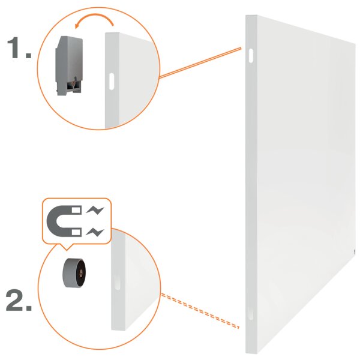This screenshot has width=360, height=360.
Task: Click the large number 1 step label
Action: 19,48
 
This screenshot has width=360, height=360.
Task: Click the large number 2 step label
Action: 19,300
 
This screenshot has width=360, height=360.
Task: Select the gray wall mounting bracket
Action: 69,65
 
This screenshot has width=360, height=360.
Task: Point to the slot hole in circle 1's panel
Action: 112,81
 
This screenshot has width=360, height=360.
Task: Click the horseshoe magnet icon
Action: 64,221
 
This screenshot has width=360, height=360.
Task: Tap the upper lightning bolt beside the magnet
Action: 95,210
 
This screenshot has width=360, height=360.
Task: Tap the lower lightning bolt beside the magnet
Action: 95,232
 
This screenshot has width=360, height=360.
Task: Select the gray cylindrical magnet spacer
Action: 74,273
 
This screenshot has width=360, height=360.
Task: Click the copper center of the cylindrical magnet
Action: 80,273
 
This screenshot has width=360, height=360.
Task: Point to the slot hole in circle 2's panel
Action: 117,282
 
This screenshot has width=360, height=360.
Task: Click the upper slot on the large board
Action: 251,55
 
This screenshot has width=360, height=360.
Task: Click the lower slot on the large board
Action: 251,313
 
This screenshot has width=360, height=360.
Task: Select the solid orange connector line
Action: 200,62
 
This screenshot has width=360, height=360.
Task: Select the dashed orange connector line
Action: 200,311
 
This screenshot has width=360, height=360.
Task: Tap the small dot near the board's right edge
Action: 354,253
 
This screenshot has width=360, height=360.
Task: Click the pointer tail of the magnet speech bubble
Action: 66,247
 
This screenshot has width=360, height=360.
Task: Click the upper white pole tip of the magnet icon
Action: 76,210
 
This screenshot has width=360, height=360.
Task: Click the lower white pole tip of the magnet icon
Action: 76,232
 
